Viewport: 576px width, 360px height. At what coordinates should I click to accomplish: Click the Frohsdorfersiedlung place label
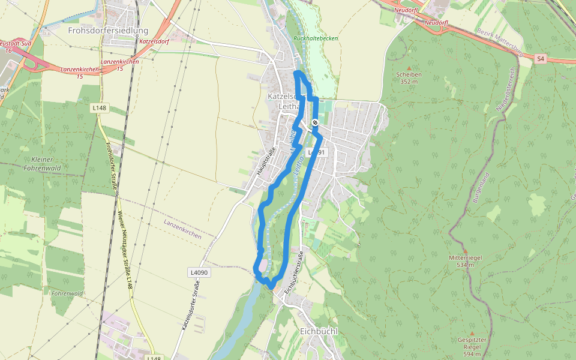pos(108,30)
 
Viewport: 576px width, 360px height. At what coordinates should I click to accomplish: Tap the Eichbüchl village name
pos(318,332)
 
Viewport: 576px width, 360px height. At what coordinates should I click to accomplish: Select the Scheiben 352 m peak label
pos(409,78)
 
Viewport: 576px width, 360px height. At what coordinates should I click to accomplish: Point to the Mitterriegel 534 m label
pos(465,261)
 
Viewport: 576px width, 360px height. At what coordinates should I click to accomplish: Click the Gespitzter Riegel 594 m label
pos(472,347)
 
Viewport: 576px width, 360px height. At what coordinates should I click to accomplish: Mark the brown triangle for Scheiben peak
pos(409,68)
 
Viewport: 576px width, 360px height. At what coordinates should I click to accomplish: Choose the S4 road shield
pos(541,58)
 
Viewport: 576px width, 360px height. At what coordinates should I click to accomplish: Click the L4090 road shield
pos(199,272)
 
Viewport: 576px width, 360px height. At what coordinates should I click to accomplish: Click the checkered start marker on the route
pos(314,122)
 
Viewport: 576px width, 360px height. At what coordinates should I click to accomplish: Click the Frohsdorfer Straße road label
pos(111,166)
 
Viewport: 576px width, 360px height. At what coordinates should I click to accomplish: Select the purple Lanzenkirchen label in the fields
pos(183,229)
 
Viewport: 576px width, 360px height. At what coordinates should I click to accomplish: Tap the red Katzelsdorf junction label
pos(152,43)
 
